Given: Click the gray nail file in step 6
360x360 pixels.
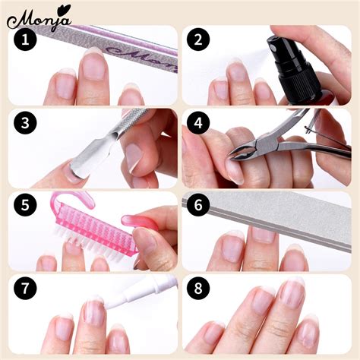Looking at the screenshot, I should [x=281, y=213].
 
